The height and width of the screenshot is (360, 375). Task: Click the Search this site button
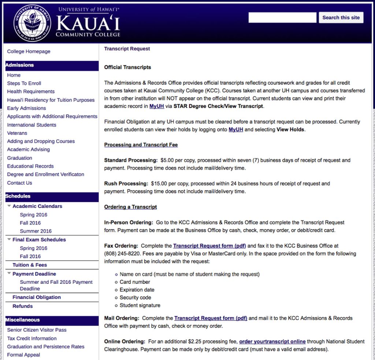click(341, 18)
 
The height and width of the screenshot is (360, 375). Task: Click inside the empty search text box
click(282, 18)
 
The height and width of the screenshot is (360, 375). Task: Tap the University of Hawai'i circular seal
click(32, 23)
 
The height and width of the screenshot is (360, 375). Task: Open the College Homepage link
click(29, 52)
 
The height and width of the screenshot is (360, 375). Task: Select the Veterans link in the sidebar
click(17, 133)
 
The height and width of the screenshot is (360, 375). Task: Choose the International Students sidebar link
click(31, 125)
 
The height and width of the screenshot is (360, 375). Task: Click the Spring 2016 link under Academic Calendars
click(33, 215)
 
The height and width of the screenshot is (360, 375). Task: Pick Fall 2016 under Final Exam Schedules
click(30, 256)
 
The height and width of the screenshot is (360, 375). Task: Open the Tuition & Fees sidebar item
click(30, 265)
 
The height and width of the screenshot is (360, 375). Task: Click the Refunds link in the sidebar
click(22, 306)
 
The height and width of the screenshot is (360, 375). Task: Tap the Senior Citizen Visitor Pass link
click(37, 330)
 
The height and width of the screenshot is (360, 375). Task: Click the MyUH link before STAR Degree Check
click(157, 106)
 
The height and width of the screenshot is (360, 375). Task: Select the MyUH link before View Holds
click(236, 129)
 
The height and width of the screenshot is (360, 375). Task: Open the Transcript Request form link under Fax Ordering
click(209, 246)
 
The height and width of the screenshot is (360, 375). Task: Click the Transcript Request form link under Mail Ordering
click(211, 318)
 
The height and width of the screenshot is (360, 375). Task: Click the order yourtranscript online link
click(272, 341)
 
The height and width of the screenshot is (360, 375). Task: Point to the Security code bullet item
click(135, 298)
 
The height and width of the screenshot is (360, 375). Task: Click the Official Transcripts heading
click(127, 67)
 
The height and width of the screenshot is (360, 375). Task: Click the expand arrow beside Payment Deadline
click(9, 274)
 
